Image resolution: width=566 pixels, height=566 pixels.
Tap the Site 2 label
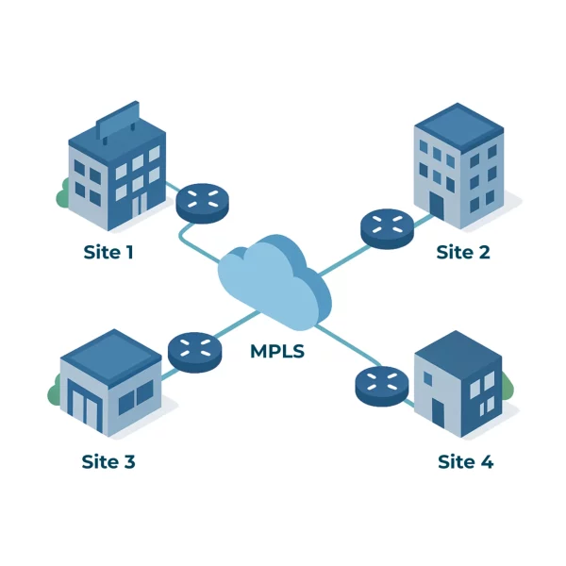pos(462,252)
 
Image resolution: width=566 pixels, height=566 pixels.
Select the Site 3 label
pos(108,461)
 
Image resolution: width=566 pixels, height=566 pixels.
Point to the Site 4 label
pos(465,461)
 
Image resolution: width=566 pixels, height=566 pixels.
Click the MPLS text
pos(277,352)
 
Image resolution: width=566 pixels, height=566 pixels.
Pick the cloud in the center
pos(274,278)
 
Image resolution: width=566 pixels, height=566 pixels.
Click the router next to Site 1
pos(202,202)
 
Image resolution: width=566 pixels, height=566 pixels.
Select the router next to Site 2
pos(387,227)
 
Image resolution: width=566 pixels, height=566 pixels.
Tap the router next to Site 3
pos(194,351)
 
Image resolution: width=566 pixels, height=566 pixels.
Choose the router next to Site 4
pos(381,385)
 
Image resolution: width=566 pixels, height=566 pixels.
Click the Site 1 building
pos(117,175)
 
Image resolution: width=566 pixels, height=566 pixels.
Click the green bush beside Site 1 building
pos(63,195)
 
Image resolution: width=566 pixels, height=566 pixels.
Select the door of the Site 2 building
pos(436,206)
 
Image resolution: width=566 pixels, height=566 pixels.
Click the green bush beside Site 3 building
pos(55,391)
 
